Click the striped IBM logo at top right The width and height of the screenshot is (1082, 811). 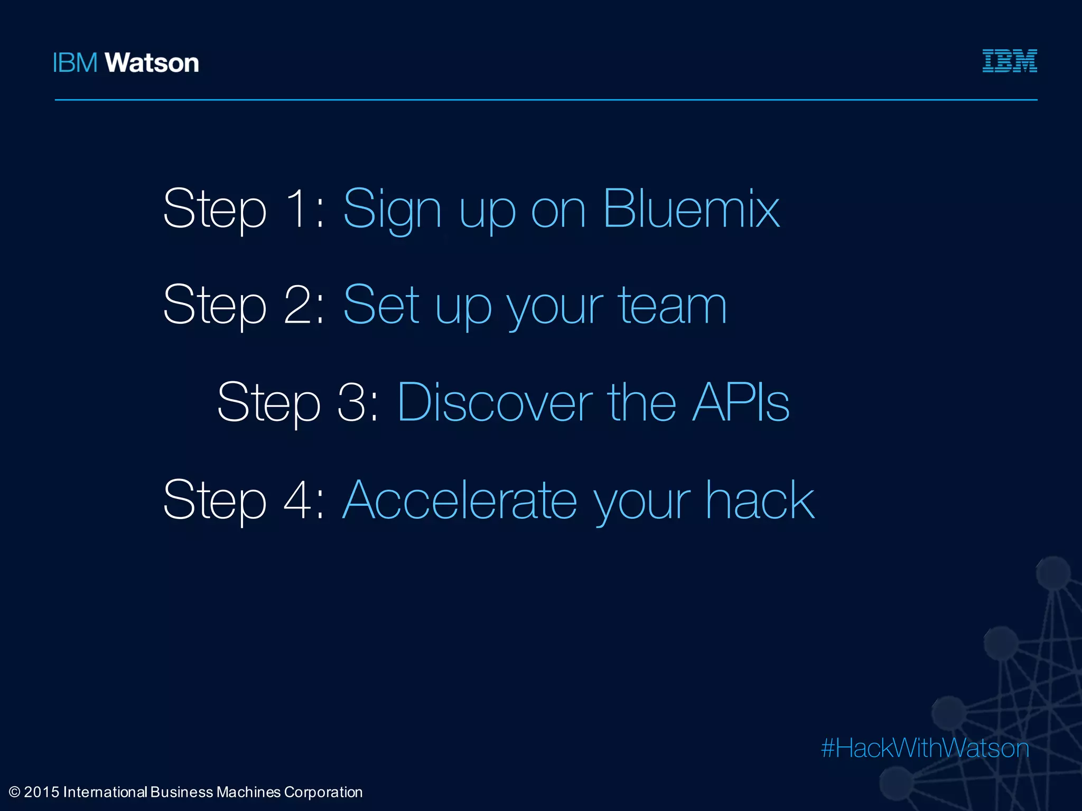(1009, 61)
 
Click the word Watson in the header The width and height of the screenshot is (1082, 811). (152, 63)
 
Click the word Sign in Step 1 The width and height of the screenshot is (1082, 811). (392, 210)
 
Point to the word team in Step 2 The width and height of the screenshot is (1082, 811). (672, 306)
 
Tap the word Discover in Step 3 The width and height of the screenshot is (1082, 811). (495, 402)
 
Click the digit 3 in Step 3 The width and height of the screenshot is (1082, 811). (352, 402)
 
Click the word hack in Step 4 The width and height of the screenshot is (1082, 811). (760, 500)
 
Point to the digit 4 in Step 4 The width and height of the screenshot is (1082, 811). (299, 500)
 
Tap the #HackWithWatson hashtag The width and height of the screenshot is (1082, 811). (925, 748)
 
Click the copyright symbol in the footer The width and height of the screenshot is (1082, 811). (14, 792)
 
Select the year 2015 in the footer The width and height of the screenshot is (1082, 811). (41, 792)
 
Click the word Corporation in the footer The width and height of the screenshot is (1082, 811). (323, 792)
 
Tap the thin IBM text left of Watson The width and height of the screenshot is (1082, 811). (75, 63)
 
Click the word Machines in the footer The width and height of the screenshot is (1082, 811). (248, 792)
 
